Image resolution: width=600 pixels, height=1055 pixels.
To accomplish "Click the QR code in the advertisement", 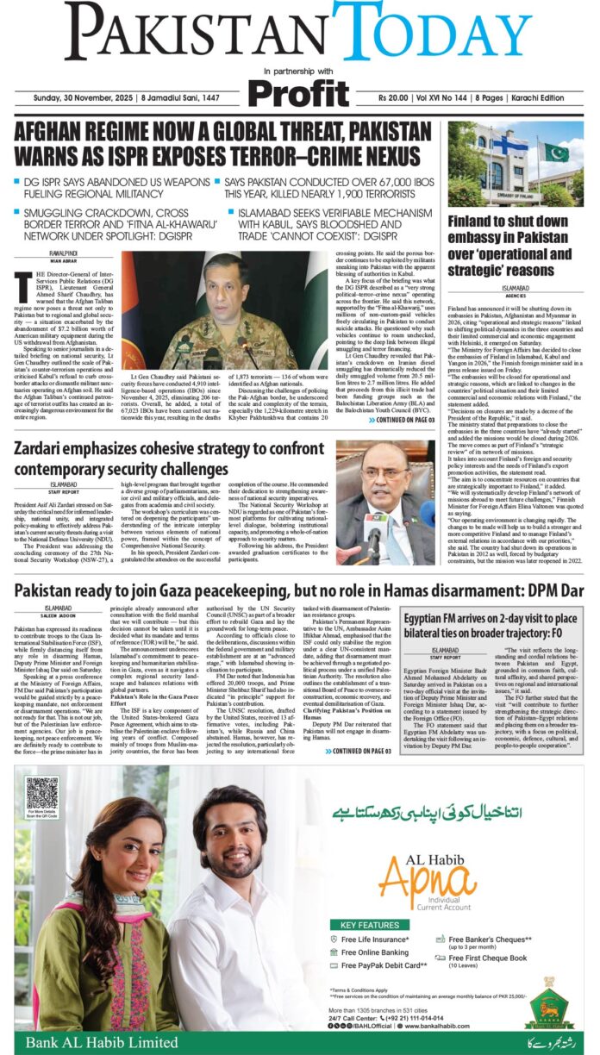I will click(x=42, y=793).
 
